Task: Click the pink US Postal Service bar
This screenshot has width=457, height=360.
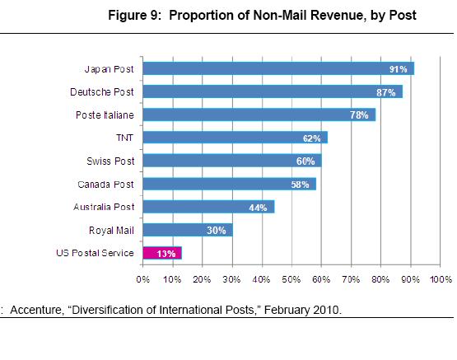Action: pyautogui.click(x=162, y=253)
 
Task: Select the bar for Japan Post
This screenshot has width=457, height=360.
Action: pyautogui.click(x=278, y=68)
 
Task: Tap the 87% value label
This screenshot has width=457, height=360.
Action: pyautogui.click(x=386, y=92)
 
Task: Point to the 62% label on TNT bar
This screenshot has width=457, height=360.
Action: pyautogui.click(x=313, y=138)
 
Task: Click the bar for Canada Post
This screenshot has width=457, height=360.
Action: pyautogui.click(x=230, y=184)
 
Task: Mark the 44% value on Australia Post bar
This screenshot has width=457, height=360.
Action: pyautogui.click(x=259, y=208)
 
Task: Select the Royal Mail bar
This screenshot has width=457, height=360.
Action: pyautogui.click(x=188, y=230)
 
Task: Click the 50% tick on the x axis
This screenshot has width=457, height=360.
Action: pyautogui.click(x=291, y=280)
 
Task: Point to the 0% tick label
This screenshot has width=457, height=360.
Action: pyautogui.click(x=143, y=280)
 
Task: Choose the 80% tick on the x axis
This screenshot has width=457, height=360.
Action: pyautogui.click(x=380, y=280)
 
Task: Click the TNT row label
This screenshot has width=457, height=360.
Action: pyautogui.click(x=125, y=138)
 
